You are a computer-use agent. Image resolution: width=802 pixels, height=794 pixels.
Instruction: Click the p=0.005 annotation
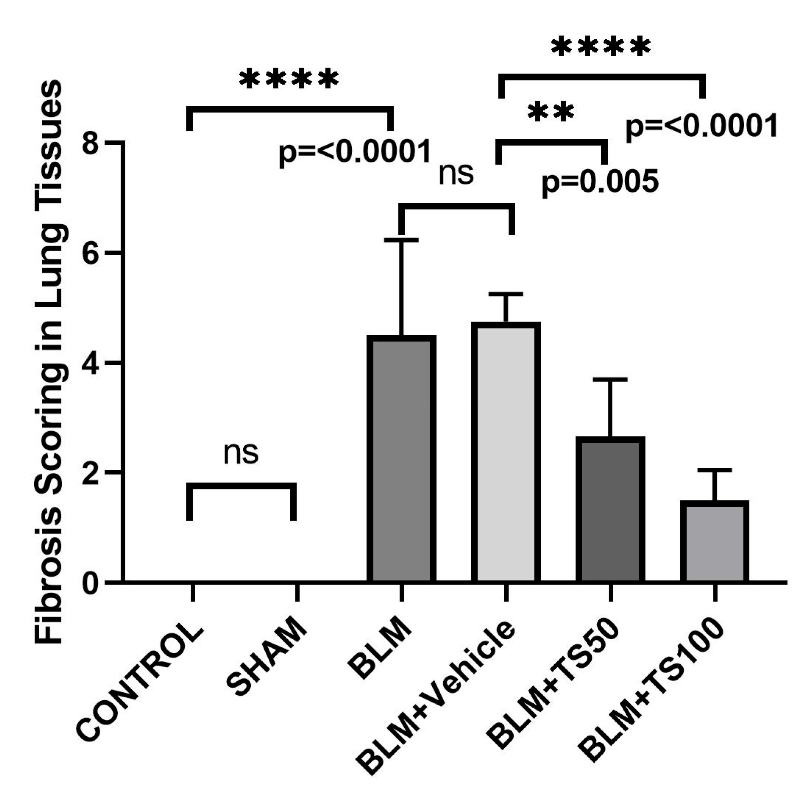pos(600,182)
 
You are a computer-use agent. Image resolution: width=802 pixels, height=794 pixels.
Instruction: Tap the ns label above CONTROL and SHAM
pos(241,454)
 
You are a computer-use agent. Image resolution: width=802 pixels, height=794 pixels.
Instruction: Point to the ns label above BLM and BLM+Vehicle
pos(456,174)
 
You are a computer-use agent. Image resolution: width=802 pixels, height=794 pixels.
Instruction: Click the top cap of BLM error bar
pos(401,240)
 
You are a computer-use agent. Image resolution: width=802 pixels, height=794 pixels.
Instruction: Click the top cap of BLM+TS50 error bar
pos(610,379)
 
